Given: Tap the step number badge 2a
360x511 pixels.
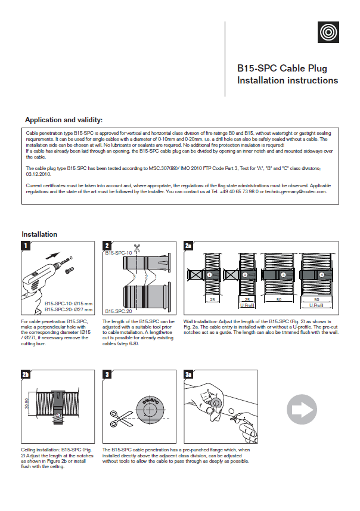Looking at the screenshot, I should (188, 246).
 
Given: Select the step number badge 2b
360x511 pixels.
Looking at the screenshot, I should (26, 374).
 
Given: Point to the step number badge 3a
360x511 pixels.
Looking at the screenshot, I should (188, 374).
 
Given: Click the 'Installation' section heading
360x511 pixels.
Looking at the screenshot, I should (39, 234).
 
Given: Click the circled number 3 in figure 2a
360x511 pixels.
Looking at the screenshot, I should (283, 275).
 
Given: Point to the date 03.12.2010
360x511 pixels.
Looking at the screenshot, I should (38, 175).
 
